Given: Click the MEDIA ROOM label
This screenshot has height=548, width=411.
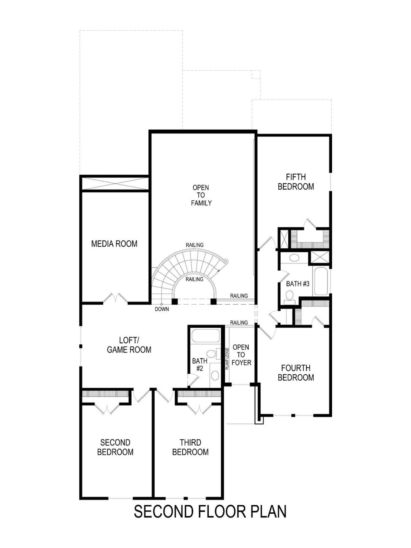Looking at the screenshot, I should [114, 244].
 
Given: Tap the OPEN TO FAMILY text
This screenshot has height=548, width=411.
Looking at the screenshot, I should [201, 195].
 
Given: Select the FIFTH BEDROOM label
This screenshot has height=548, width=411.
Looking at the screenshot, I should [295, 182].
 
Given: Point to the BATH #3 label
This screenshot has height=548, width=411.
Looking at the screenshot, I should [297, 284].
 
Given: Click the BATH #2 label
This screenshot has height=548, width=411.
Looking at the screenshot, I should [199, 364].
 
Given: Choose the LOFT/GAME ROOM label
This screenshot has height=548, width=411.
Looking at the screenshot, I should [129, 345].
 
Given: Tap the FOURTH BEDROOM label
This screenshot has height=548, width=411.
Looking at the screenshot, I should [295, 372].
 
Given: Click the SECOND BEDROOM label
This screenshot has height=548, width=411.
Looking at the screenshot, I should [115, 447].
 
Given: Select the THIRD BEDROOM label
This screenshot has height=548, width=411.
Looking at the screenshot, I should [190, 447].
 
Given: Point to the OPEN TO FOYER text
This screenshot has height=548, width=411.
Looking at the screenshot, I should [241, 355].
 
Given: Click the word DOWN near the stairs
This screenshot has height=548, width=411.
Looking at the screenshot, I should [162, 309].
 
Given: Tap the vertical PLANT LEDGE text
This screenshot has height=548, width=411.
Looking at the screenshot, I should [227, 359].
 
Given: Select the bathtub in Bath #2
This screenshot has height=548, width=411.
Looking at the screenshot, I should [205, 336].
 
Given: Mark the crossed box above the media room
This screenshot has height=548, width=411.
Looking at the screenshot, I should [115, 184].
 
